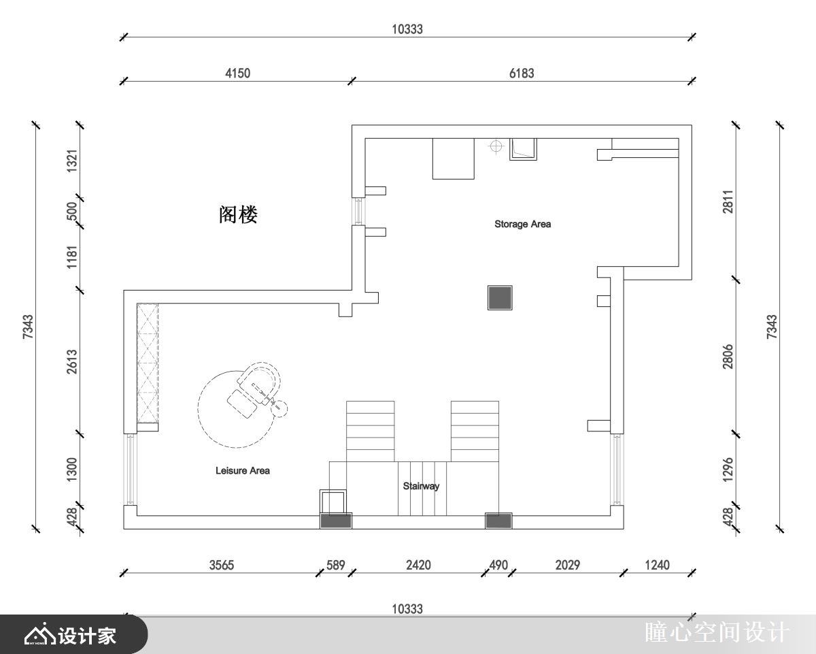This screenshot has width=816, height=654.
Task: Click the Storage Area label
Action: [522, 224]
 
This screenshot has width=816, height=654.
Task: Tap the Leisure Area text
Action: [242, 470]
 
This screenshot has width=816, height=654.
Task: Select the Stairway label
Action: [421, 486]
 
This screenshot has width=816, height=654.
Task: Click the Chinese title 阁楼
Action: [238, 215]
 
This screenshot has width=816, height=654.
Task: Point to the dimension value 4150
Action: [237, 73]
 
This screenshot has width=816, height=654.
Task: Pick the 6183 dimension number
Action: [522, 73]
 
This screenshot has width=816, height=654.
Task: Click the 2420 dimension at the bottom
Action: [418, 565]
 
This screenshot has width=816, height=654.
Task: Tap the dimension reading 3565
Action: [222, 565]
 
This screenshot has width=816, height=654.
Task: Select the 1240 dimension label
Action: [657, 565]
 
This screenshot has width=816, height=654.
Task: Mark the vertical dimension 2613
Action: [72, 363]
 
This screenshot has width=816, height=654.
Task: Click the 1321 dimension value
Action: [72, 162]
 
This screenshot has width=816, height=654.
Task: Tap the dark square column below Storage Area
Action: [500, 297]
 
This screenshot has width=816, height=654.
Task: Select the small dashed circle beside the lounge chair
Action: [279, 408]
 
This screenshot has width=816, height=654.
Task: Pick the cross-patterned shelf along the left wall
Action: [148, 363]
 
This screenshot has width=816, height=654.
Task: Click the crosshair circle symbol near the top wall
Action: [496, 146]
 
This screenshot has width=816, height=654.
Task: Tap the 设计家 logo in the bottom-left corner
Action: [71, 636]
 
